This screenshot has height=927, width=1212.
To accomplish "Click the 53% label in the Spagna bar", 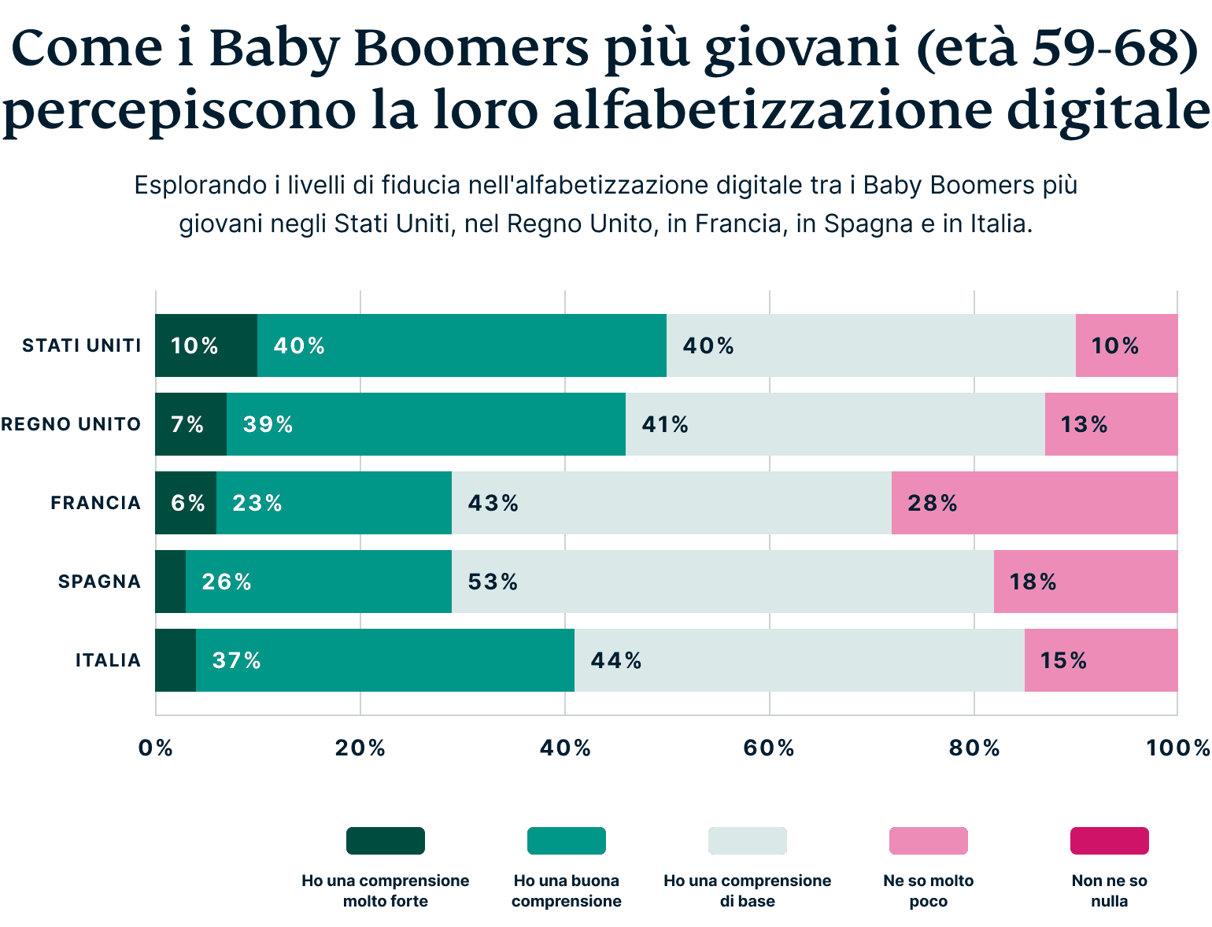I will pos(493,582).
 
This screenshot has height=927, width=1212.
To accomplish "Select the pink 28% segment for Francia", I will pos(1034,503).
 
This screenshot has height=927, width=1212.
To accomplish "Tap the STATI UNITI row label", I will pos(82,345).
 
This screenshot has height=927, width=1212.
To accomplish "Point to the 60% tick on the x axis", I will pos(769,748).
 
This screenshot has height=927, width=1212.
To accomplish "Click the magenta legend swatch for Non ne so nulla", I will pos(1109,840).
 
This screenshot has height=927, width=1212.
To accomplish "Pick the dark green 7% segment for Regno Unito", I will pos(190,424).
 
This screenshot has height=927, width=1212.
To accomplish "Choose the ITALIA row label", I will pos(108,660).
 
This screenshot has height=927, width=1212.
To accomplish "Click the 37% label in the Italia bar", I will pos(236,660).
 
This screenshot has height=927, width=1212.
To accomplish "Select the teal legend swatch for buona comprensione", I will pos(566,840).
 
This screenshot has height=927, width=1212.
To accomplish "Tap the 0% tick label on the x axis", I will pos(155,748).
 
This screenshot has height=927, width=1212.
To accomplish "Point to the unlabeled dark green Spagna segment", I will pos(170,582).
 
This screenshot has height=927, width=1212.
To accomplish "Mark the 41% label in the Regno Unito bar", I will pos(665,424).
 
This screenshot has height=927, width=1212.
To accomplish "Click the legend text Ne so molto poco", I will pos(928,891).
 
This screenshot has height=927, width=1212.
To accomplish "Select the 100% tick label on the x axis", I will pos(1177,748).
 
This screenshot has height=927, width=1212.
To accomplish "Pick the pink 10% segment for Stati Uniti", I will pos(1126,345).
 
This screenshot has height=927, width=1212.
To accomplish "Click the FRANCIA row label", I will pos(95,503).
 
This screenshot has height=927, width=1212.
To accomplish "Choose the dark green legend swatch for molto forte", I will pos(385,840).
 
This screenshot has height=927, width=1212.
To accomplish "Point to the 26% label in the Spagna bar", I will pos(227,582).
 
